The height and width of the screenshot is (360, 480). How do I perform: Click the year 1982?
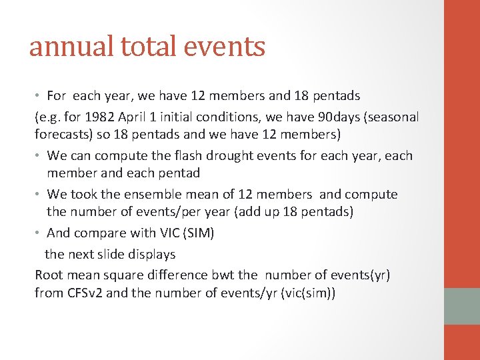click(102, 117)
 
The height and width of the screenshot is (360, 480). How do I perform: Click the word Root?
click(49, 275)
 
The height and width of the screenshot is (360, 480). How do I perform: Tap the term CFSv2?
click(83, 293)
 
